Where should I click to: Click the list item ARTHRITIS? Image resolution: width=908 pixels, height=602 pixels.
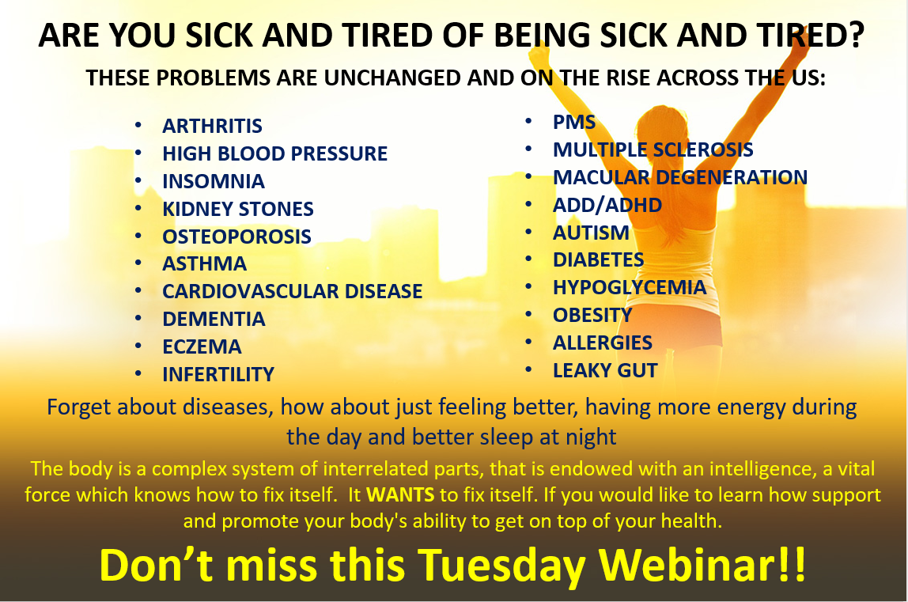coord(212,126)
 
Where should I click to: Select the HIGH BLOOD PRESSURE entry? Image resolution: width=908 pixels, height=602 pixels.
coord(275,153)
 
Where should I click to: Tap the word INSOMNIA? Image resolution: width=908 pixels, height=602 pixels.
coord(214,181)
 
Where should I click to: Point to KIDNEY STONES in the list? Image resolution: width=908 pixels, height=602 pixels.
coord(238,209)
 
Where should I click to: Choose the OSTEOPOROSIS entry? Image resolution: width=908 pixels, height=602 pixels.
coord(236,237)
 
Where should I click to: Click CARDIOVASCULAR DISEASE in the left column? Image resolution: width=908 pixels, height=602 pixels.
coord(293,291)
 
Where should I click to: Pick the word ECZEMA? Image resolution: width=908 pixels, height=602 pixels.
coord(202,346)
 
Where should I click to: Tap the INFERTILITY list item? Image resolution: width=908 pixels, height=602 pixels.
coord(218,374)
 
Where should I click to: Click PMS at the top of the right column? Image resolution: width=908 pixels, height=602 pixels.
coord(574,123)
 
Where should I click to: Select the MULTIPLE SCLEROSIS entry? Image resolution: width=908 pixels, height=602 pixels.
coord(653,150)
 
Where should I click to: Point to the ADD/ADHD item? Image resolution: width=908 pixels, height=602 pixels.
coord(607,205)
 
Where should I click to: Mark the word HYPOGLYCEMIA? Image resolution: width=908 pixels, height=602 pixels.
coord(630,287)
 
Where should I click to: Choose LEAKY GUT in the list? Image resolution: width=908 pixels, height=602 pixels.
coord(605,370)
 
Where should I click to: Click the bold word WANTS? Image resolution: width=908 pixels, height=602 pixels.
coord(401,494)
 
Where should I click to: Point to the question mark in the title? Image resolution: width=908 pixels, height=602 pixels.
coord(854,36)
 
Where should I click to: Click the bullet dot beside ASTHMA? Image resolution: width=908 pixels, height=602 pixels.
coord(138,263)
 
